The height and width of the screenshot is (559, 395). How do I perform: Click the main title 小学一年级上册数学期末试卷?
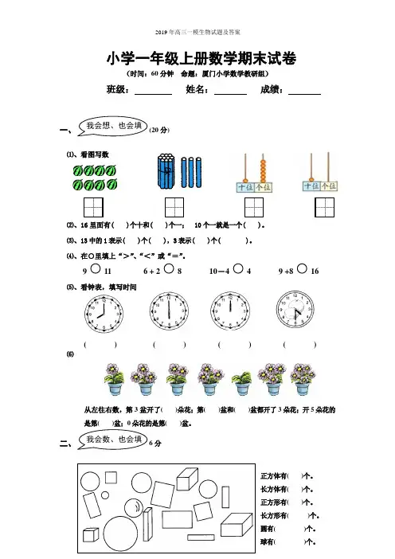click(x=201, y=58)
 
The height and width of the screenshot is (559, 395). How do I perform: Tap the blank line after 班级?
click(x=153, y=95)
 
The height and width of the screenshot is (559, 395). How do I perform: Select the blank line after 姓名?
click(x=230, y=95)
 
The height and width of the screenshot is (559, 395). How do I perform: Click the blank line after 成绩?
click(x=304, y=95)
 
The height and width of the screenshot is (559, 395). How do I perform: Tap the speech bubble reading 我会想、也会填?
click(x=112, y=126)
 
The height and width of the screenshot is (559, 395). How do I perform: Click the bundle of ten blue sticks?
click(x=166, y=171)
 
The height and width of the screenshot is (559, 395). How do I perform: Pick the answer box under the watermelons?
click(x=93, y=208)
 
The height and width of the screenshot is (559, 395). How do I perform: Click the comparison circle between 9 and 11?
click(x=96, y=268)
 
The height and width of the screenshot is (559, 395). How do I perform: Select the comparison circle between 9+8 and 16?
click(x=302, y=268)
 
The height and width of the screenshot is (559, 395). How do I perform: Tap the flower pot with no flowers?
click(x=241, y=383)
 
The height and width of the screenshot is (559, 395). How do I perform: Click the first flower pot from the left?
click(x=115, y=379)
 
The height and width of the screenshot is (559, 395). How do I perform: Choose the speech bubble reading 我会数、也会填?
click(x=112, y=440)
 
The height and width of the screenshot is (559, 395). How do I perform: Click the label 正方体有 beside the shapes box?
click(x=273, y=476)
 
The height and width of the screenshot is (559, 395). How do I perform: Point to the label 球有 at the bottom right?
click(x=267, y=542)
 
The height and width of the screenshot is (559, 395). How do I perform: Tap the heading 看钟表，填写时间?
click(x=108, y=287)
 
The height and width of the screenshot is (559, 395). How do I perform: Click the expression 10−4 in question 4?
click(x=219, y=272)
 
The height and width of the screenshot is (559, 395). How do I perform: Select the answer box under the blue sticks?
click(x=174, y=208)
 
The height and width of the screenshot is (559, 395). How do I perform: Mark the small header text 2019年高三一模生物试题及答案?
click(x=197, y=33)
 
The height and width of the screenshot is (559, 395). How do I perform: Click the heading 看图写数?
click(x=95, y=154)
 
